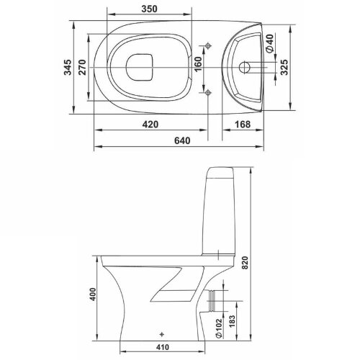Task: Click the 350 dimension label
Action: (149, 9)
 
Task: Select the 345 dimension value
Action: (68, 68)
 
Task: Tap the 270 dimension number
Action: (82, 68)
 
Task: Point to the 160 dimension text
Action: (198, 64)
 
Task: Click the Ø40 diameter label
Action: (270, 43)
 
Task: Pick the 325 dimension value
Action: (284, 68)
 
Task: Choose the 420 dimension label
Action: (150, 125)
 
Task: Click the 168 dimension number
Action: (243, 125)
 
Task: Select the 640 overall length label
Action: (182, 140)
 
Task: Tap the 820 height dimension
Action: (245, 263)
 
